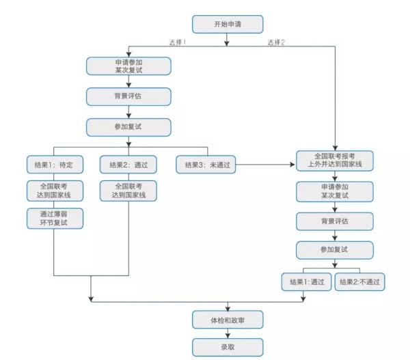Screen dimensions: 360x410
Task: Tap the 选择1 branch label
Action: (178, 42)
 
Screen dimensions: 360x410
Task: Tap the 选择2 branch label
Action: (276, 42)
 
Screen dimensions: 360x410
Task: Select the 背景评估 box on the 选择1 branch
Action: (128, 96)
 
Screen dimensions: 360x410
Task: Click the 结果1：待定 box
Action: (54, 164)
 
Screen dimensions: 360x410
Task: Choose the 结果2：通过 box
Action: (128, 164)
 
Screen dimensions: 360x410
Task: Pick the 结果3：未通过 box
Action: (203, 164)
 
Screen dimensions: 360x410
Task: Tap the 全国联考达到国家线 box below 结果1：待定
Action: (54, 191)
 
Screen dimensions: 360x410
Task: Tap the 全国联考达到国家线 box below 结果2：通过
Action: (128, 191)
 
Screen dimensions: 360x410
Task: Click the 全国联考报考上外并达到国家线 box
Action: (334, 160)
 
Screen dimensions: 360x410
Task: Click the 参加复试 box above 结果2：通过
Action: (128, 126)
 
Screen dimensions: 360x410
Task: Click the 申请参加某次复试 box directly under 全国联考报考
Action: (334, 191)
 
